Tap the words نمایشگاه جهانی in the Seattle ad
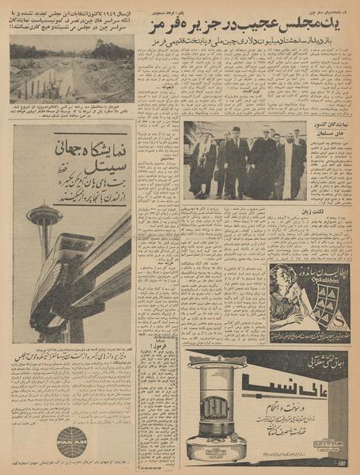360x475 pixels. click(93, 148)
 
